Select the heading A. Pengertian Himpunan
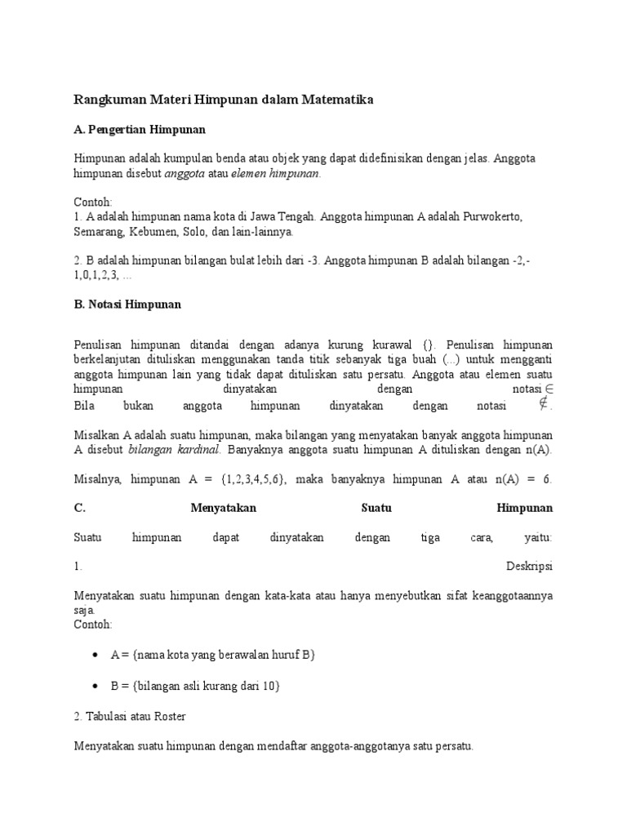point(140,129)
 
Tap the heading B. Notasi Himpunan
point(127,304)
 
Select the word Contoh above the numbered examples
point(92,202)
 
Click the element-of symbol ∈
point(549,391)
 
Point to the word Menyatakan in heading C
point(223,508)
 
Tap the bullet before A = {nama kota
point(96,655)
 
